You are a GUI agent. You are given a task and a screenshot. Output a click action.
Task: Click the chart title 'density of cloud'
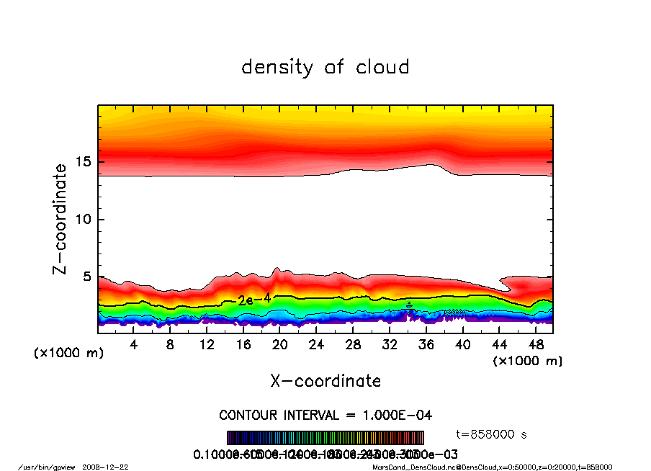tap(325, 68)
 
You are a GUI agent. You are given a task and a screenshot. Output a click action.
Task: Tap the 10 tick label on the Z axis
tap(84, 219)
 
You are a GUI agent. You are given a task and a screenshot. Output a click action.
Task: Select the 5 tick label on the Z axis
tap(88, 277)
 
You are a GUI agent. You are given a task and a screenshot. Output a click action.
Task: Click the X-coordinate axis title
tap(325, 381)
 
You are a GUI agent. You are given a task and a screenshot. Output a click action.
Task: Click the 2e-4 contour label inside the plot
tap(254, 300)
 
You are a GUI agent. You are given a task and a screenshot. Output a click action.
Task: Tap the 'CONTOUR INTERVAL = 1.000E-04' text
tap(325, 415)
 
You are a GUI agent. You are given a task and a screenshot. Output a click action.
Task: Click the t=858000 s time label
tap(493, 434)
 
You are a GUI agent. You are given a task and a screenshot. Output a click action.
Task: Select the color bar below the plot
tap(325, 438)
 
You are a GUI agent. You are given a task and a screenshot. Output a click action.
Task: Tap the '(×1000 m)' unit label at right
tap(527, 361)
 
